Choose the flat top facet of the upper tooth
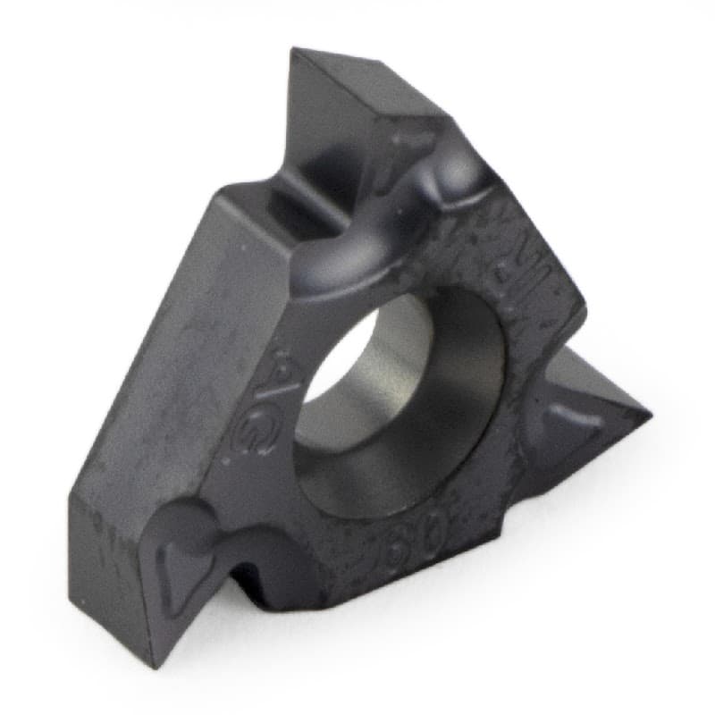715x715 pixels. (357, 98)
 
